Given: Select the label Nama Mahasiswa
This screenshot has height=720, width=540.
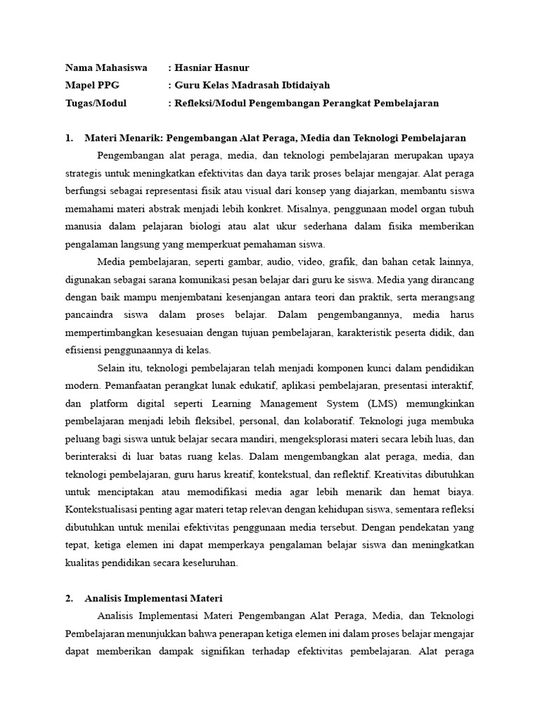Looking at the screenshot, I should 106,67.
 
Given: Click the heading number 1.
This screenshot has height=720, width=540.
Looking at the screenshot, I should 68,137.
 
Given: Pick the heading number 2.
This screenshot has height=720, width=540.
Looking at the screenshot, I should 68,598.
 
